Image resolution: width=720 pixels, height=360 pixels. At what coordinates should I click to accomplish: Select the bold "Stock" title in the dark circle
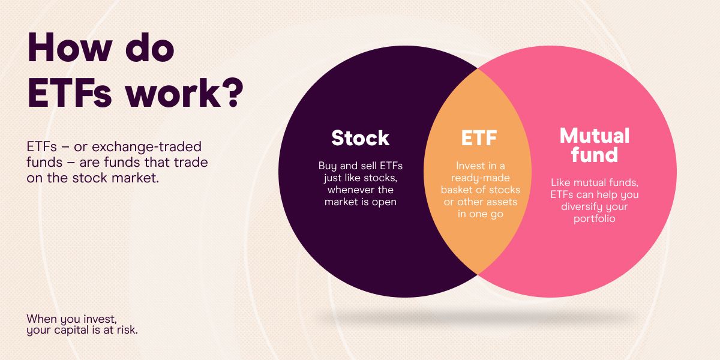pos(360,138)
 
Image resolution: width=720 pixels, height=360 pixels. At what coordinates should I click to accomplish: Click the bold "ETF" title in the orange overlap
pos(478,138)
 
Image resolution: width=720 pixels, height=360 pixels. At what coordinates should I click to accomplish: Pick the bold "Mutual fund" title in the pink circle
pos(594,145)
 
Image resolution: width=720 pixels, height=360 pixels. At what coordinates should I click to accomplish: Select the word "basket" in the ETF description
pos(459,190)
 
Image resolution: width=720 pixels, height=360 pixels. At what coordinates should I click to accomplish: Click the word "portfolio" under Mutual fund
pos(593,219)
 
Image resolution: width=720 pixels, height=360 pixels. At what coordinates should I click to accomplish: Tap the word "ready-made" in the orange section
pos(478,178)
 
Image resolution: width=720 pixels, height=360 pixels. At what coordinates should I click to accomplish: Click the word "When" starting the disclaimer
pos(40,318)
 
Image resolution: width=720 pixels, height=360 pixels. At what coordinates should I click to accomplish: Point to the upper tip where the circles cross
pos(478,69)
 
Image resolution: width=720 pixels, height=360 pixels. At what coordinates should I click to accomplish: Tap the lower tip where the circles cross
pos(478,274)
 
